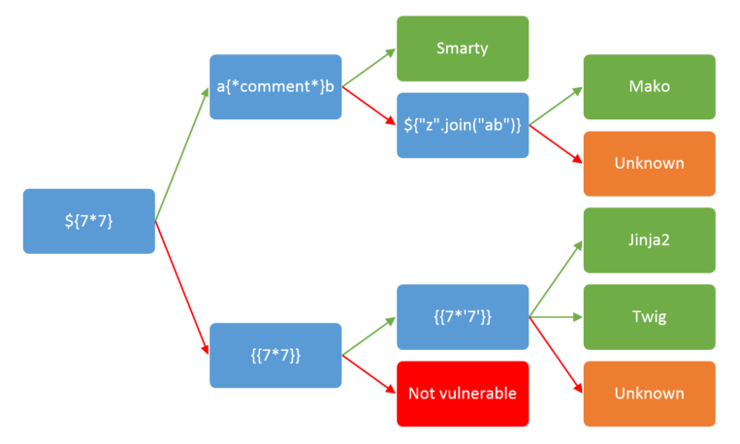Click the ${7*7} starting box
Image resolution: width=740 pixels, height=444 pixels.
tap(88, 221)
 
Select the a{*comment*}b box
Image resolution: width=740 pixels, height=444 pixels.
tap(275, 86)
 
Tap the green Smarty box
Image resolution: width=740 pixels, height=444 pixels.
tap(463, 48)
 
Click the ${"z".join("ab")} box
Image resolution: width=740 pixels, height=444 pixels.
tap(463, 125)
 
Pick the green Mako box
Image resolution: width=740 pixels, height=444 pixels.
tap(649, 86)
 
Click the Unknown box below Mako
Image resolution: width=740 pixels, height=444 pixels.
tap(649, 163)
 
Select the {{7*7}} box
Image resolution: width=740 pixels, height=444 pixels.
tap(275, 355)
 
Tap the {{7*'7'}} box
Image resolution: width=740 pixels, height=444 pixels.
tap(463, 316)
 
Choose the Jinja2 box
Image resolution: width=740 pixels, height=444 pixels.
tap(649, 239)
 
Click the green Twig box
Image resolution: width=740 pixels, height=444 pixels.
tap(649, 316)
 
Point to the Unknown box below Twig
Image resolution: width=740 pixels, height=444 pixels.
tap(649, 394)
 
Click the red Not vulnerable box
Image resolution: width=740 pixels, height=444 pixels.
tap(463, 394)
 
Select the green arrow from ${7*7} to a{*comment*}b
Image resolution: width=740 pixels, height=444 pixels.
tap(182, 155)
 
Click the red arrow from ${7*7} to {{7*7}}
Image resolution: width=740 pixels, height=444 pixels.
tap(182, 287)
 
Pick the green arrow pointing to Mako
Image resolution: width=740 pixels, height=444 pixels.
tap(556, 107)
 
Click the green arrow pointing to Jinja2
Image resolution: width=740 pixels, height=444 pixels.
tap(556, 279)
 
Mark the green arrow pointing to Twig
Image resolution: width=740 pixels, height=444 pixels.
tap(556, 316)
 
